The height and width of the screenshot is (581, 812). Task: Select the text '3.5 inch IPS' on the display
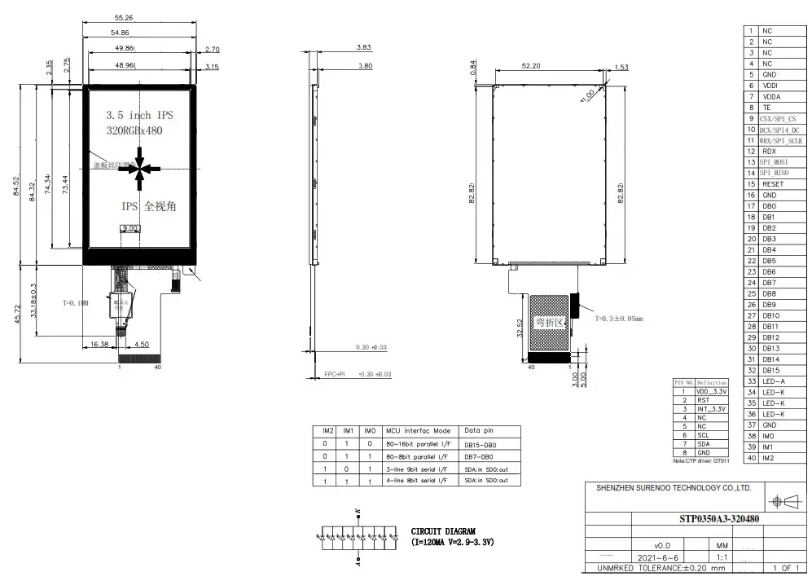coord(139,115)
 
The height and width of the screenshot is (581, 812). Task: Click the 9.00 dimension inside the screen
coord(129,229)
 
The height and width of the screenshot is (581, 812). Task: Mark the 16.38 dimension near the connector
coord(100,344)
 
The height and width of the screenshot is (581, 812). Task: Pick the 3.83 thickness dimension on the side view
coord(364,48)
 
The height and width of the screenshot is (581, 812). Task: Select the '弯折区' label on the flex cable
coord(546,322)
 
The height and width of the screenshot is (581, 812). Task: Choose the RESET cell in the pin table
coord(774,184)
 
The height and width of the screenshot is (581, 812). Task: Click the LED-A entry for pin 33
coord(773,381)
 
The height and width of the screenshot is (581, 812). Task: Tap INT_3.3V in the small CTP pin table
coord(713,409)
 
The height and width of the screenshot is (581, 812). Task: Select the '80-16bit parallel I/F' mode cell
coord(419,444)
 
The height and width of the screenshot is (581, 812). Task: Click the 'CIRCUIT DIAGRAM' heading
coord(443,530)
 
